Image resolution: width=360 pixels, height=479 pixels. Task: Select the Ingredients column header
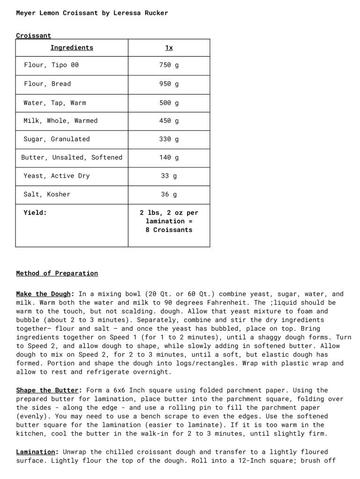point(72,48)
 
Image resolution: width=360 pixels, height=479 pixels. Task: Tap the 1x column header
point(169,48)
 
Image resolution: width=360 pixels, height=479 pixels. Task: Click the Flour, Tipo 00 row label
point(51,65)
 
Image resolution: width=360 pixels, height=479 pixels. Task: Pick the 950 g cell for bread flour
point(169,84)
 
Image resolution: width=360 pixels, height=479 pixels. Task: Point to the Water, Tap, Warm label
point(55,103)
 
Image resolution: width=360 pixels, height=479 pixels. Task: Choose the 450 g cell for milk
point(169,121)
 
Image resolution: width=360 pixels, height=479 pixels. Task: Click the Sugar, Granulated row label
point(57,139)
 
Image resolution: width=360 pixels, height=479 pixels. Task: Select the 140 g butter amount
point(169,158)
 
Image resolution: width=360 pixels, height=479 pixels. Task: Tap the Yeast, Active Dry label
point(57,176)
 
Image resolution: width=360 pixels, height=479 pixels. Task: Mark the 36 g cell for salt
point(169,195)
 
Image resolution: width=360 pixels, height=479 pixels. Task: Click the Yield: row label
point(35,213)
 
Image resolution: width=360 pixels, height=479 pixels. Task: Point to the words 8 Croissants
point(169,230)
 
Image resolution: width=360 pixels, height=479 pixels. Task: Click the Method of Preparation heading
point(57,273)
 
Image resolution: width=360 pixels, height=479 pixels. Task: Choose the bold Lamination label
point(37,452)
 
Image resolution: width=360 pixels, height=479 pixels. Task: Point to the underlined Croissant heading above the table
point(34,36)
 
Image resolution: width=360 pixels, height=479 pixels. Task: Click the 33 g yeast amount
point(169,176)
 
